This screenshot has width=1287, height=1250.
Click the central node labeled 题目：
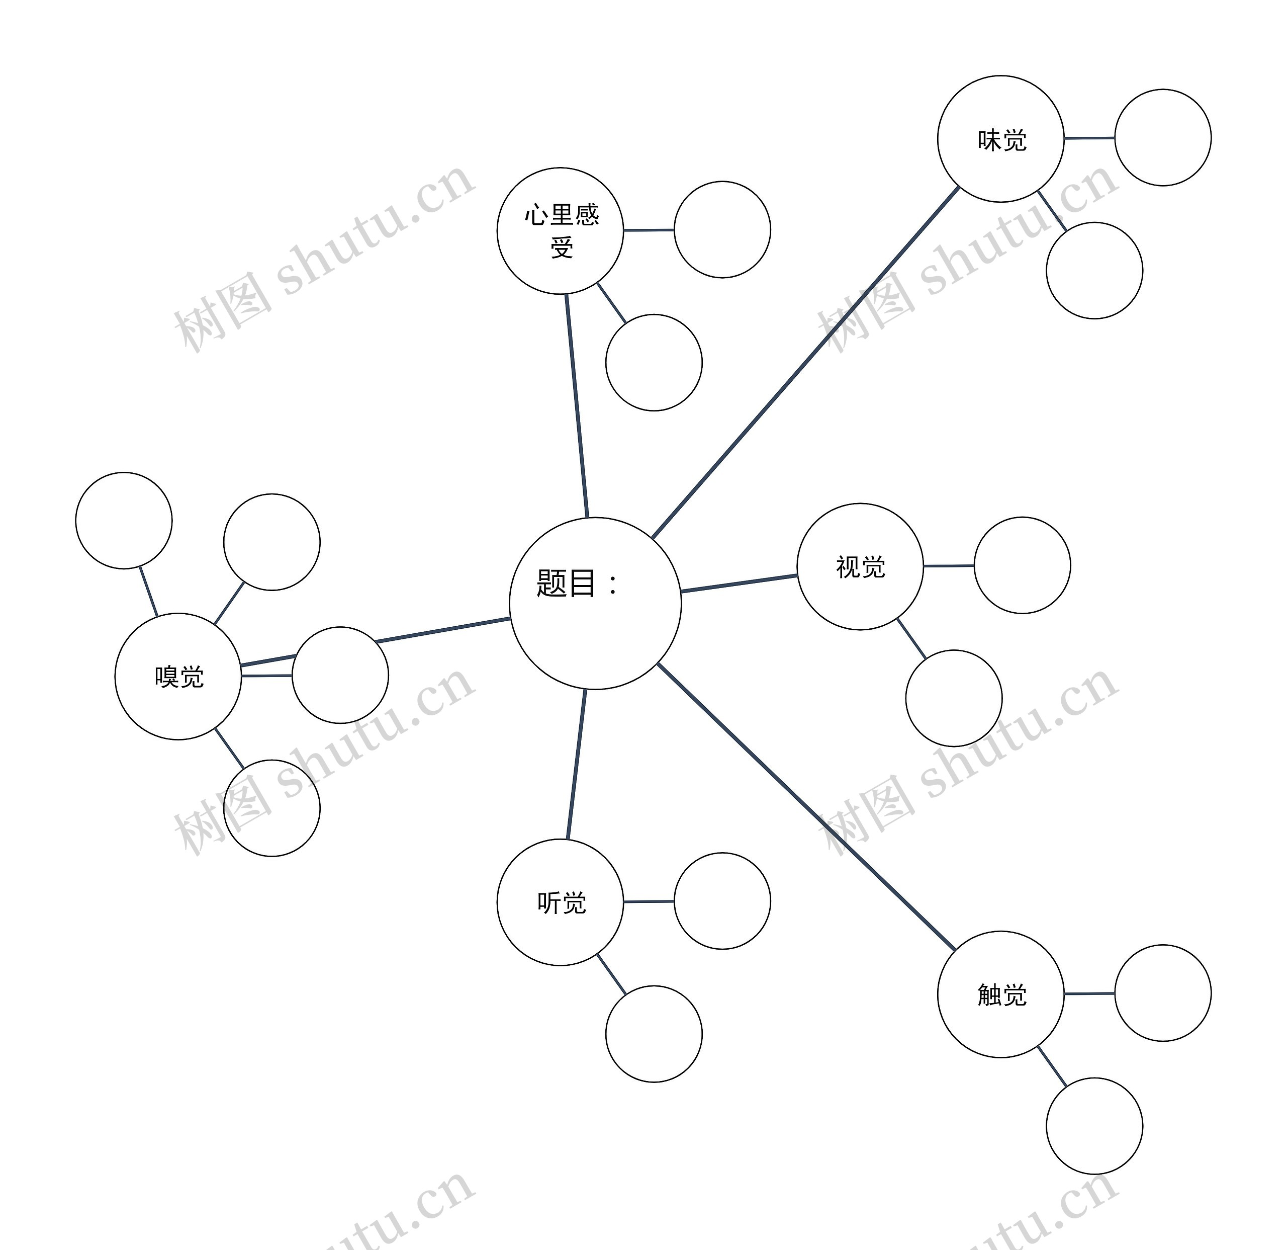point(595,603)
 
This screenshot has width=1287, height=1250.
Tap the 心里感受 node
point(560,230)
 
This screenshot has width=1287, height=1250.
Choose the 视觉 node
point(860,566)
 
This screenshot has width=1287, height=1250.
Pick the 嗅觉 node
point(178,676)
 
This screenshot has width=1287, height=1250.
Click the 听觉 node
point(560,902)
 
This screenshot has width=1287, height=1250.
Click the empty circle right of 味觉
point(1162,137)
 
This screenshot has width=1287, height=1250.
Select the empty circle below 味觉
point(1094,271)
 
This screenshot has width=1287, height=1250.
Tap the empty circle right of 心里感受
point(722,229)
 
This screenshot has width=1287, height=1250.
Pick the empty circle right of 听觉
point(722,900)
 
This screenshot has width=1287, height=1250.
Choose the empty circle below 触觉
point(1094,1126)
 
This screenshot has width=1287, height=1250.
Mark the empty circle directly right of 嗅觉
point(340,675)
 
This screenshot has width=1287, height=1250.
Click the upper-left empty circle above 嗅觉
point(124,520)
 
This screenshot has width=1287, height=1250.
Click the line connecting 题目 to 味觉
point(805,363)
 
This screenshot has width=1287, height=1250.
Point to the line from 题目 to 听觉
point(576,764)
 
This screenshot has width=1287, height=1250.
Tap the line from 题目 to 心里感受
point(577,406)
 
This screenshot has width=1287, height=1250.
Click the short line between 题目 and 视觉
point(740,584)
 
